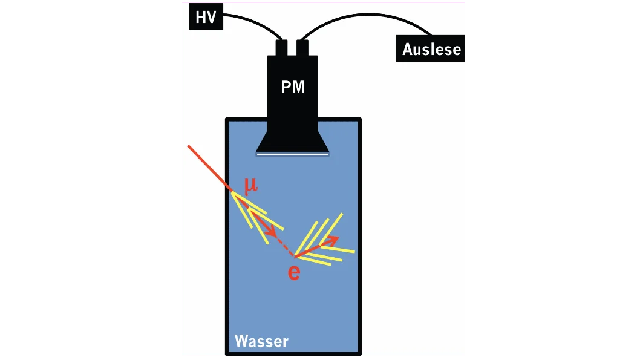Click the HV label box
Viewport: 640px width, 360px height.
pos(206,17)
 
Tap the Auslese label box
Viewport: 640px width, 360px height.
pos(431,48)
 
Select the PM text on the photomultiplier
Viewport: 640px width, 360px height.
pos(293,87)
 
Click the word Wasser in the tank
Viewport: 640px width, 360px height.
pos(261,341)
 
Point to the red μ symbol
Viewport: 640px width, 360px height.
pos(251,185)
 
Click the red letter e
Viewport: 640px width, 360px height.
pos(294,272)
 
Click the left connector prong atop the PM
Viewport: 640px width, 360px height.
pos(282,48)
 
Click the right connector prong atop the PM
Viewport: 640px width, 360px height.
pos(302,48)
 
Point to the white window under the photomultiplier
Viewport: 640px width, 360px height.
pos(292,154)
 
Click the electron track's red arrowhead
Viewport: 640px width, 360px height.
pos(331,241)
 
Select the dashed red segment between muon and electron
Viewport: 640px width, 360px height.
pos(285,246)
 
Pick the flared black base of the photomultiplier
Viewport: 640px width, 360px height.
pos(292,141)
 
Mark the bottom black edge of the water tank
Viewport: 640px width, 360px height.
pos(293,354)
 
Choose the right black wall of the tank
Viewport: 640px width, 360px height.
pos(359,237)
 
